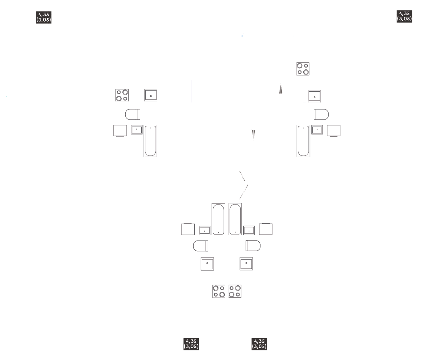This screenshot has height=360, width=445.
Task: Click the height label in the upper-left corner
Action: coord(43,17)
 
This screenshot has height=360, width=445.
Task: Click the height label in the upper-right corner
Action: coord(404,16)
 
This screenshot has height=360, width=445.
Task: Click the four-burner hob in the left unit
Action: coord(122,95)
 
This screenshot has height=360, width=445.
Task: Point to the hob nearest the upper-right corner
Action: coord(303,69)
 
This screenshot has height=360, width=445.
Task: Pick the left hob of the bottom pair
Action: coord(218,291)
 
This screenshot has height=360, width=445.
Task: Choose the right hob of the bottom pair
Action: coord(235,291)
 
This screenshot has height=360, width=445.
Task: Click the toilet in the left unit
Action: coord(132,114)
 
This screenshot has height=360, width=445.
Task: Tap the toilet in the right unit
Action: coord(321,114)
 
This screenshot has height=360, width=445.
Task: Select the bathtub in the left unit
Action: coord(151,141)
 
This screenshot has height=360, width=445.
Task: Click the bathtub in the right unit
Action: coord(303,141)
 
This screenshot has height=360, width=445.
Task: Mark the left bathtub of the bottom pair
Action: coord(218,219)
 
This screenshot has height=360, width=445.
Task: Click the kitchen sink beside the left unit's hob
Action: coord(151,95)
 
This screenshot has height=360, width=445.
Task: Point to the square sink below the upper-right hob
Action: coord(314,96)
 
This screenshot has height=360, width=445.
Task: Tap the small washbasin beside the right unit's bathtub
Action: coord(317,130)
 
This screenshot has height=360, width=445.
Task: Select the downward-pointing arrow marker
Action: coord(253,134)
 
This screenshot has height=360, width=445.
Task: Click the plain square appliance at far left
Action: coord(120,131)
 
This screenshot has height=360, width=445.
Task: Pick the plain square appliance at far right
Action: coord(333,131)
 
